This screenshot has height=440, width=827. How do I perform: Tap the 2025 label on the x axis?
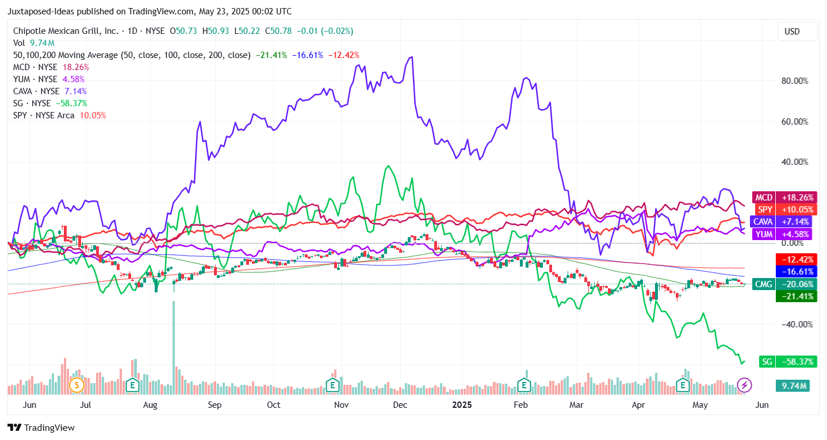461,405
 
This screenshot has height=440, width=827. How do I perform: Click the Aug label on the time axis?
150,405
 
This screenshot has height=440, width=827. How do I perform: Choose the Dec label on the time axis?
400,405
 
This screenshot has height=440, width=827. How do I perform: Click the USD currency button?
792,32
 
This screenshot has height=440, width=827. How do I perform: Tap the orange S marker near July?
76,384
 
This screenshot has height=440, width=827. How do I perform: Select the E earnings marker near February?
523,384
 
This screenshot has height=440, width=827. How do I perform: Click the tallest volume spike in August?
174,345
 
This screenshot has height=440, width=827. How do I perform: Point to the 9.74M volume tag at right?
792,385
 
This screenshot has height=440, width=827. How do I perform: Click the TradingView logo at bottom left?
41,428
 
